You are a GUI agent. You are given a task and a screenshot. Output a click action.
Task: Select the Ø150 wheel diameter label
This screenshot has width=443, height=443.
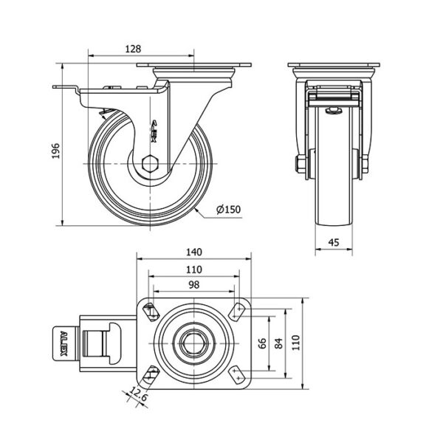(x=229, y=210)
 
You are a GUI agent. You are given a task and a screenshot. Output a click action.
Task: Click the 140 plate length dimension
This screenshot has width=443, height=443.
(x=195, y=252)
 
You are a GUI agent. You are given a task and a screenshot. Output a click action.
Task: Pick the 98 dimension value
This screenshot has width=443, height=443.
(x=195, y=285)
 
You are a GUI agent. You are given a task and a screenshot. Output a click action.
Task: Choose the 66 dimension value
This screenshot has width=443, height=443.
(x=261, y=343)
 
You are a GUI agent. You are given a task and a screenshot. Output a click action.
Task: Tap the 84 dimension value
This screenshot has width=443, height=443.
(x=278, y=343)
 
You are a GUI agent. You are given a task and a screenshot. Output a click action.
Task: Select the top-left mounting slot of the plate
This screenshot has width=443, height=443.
(x=152, y=309)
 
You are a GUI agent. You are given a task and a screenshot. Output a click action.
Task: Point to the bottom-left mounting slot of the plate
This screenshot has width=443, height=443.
(x=152, y=374)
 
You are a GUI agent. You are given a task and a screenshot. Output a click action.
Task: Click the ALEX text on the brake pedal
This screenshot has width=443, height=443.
(x=63, y=343)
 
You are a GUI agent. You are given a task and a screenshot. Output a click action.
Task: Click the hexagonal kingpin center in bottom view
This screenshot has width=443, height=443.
(x=195, y=343)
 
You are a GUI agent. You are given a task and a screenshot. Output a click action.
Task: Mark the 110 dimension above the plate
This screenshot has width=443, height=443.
(x=195, y=269)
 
